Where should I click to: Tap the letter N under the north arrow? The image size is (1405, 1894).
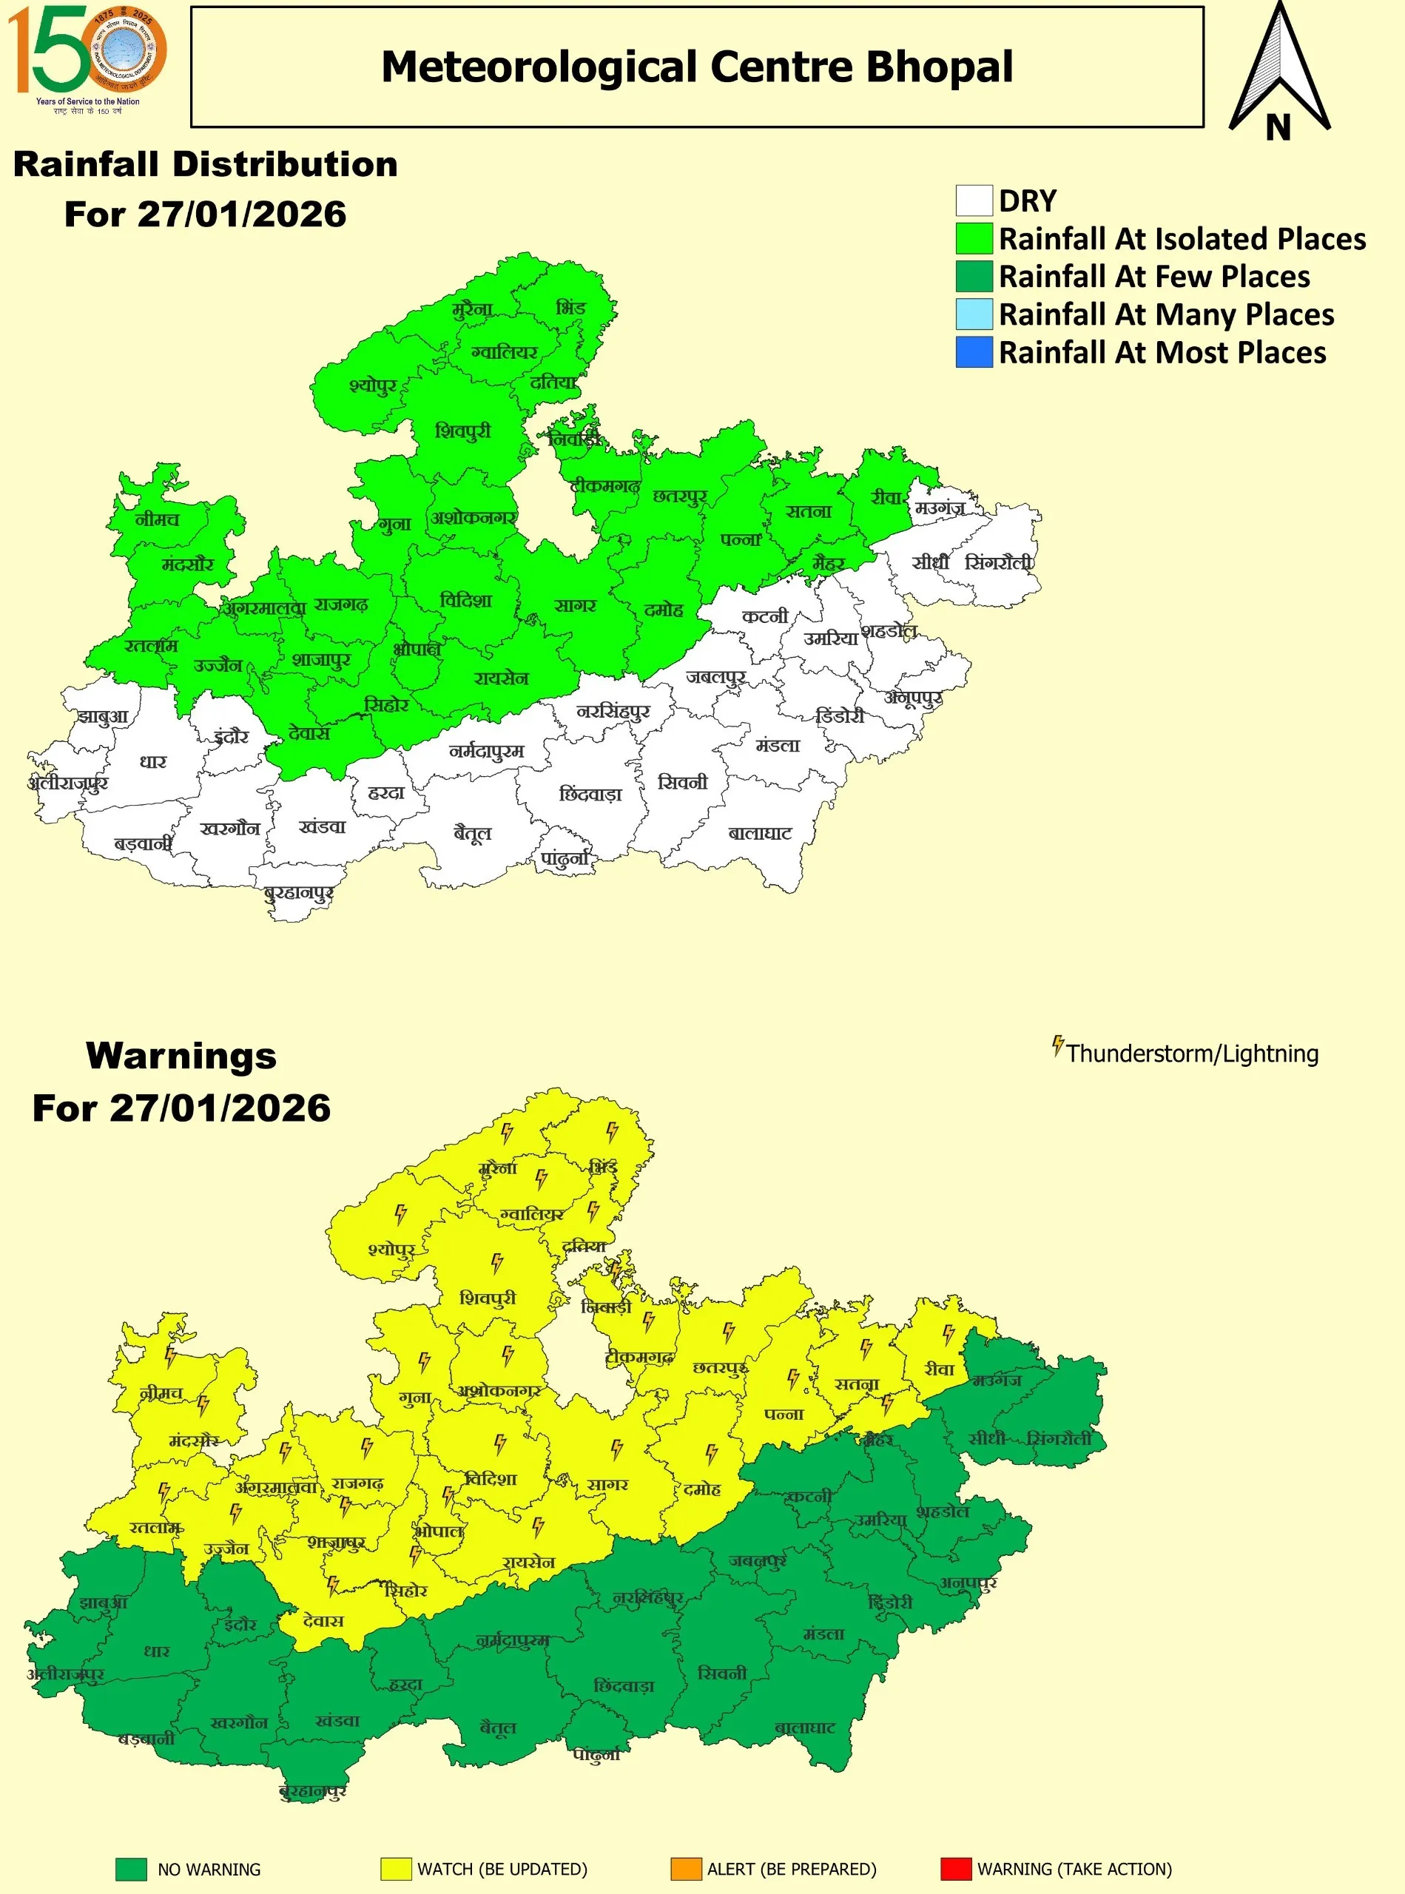[x=1278, y=127]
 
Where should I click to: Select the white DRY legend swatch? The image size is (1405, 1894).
[x=974, y=200]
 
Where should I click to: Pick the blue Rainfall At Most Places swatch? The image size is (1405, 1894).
[x=974, y=352]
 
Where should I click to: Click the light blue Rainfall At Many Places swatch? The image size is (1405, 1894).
[x=974, y=314]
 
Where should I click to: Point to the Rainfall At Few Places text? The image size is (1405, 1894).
[x=1154, y=277]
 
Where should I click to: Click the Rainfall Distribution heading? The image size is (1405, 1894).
[x=206, y=164]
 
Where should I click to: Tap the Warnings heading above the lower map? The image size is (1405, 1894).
[x=181, y=1056]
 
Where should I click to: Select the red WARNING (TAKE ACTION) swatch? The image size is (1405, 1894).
[x=955, y=1869]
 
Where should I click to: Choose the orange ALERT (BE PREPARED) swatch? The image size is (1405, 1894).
[x=686, y=1869]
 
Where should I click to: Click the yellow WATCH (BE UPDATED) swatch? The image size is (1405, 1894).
[x=396, y=1869]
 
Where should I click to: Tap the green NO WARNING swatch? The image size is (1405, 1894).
[x=131, y=1869]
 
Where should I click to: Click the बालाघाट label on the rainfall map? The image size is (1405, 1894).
[x=760, y=834]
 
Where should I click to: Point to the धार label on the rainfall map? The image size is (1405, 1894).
[x=153, y=761]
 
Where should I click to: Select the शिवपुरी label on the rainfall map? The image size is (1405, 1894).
[x=462, y=431]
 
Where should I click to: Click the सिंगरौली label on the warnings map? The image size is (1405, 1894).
[x=1059, y=1438]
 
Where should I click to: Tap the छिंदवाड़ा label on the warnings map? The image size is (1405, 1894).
[x=624, y=1685]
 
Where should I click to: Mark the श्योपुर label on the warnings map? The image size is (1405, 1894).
[x=391, y=1250]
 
